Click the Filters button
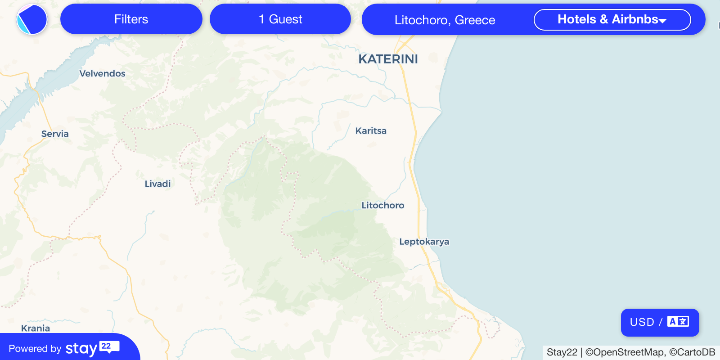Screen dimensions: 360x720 [131, 19]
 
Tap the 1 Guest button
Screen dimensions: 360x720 [280, 19]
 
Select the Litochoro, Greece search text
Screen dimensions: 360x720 [445, 20]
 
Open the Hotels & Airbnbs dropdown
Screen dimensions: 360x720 [612, 19]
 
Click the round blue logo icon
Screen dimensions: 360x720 [32, 19]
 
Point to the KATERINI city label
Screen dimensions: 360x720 [388, 59]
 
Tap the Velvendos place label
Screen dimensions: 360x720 [102, 73]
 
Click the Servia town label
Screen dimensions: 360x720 [55, 134]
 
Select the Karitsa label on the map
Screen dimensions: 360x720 [371, 131]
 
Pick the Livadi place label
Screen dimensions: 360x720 [157, 184]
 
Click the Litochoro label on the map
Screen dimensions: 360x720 [383, 205]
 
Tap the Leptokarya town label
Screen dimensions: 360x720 [424, 242]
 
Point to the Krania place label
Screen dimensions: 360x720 [36, 328]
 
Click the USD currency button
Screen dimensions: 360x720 [642, 322]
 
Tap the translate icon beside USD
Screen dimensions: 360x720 [678, 322]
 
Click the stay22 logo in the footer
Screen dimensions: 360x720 [92, 348]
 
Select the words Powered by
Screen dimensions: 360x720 [35, 349]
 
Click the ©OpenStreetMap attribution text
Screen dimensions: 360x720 [625, 352]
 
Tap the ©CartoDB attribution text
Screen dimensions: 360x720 [692, 352]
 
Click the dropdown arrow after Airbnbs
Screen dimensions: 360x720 [662, 20]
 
